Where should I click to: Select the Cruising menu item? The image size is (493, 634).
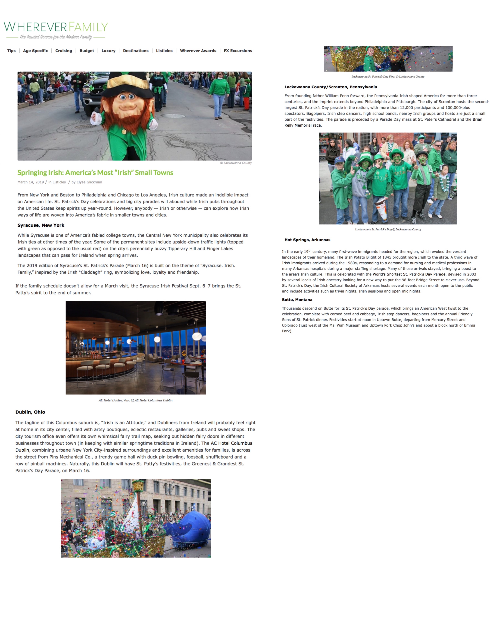(64, 51)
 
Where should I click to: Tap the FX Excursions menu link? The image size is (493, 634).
(238, 51)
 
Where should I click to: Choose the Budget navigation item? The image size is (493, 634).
(87, 51)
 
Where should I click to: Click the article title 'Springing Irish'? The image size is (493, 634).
(95, 173)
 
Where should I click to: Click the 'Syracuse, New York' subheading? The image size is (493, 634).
(41, 225)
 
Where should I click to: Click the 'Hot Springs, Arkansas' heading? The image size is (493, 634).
(307, 240)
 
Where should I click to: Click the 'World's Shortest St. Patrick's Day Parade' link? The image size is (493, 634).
(409, 274)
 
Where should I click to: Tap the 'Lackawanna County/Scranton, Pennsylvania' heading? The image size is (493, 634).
(330, 87)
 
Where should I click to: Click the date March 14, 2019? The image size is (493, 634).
(30, 182)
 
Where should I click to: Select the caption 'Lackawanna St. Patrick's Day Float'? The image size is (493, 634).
(388, 77)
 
